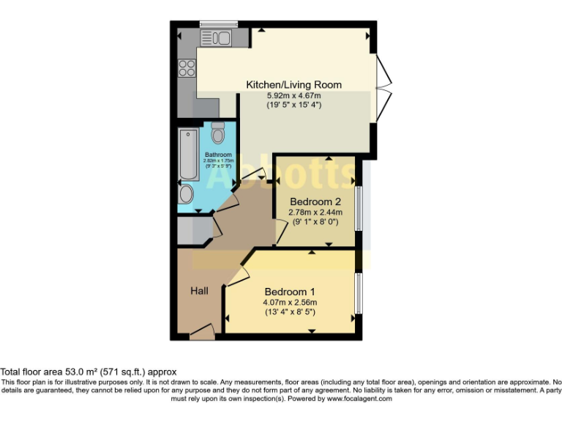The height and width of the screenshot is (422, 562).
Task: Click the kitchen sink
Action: coord(216,37)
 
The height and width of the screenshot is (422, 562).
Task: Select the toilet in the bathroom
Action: coord(217,134)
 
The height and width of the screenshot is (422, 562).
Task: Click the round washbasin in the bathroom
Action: coord(187,195)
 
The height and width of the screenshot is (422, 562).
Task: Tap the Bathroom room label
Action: coord(218,155)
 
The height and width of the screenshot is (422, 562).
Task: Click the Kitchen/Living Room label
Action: coord(293,85)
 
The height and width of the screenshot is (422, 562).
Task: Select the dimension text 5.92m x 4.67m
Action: coord(293,95)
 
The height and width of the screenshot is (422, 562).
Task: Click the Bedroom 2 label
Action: coord(315,201)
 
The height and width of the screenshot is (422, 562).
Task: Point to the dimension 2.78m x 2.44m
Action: coord(315,212)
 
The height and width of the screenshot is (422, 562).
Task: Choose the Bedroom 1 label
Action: coord(291,289)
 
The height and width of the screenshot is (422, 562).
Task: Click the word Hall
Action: coord(199,291)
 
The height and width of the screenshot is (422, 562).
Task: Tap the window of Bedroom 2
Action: coord(359,208)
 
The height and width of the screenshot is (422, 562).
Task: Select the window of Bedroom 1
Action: coord(359,294)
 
